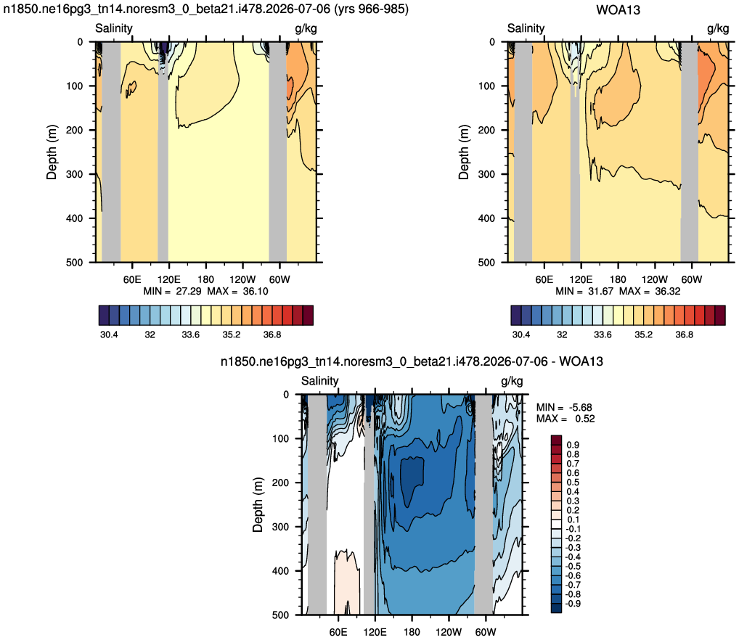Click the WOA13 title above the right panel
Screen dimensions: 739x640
618,9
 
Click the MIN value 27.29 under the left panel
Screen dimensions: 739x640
189,291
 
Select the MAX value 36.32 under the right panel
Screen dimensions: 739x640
667,291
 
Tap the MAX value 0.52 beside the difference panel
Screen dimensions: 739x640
585,419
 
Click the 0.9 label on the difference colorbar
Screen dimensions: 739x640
573,445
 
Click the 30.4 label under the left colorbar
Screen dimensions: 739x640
109,335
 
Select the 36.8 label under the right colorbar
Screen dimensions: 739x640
684,335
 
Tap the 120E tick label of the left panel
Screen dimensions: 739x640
168,279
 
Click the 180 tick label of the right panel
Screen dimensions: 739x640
617,279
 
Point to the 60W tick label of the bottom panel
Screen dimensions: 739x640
486,632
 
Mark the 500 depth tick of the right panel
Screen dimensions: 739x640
486,262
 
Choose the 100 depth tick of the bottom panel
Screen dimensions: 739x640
280,438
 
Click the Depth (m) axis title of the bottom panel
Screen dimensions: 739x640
257,504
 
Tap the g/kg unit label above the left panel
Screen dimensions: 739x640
306,28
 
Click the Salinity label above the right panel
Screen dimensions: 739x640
526,28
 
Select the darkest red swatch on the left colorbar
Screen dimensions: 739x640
308,315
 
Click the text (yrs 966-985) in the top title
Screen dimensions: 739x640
371,9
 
